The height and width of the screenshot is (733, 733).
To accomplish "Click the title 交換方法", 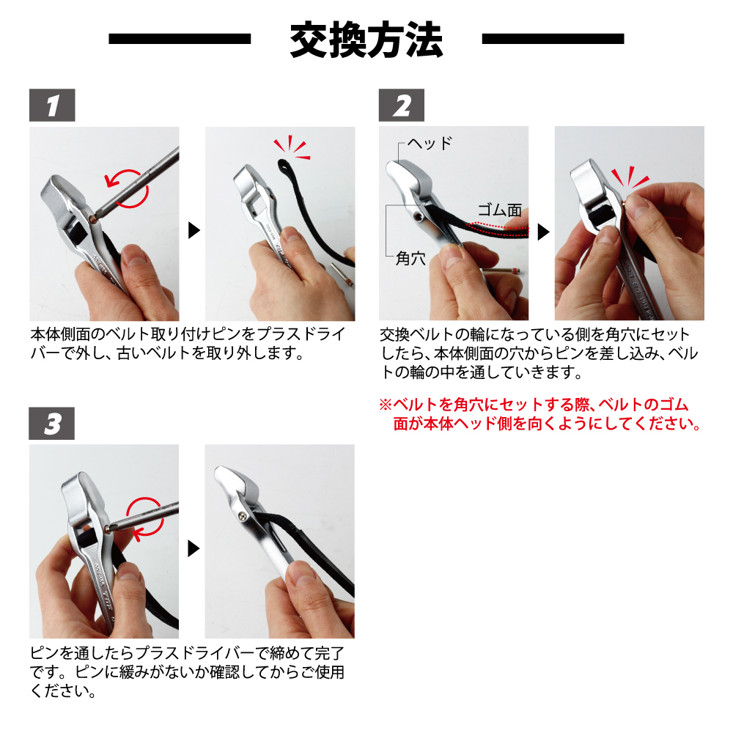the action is [366, 40].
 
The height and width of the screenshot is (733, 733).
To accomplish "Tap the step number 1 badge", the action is [52, 105].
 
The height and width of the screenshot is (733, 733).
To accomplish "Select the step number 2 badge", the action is [402, 105].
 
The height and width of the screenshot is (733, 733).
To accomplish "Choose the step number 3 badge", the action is [52, 424].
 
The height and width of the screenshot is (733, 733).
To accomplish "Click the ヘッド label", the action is [430, 143].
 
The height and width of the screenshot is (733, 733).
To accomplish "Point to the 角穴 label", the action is [410, 257].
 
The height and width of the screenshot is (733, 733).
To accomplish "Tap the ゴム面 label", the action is [499, 210].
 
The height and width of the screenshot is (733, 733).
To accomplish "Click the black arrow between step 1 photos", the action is [194, 230].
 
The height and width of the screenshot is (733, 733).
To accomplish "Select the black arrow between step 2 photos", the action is [544, 232].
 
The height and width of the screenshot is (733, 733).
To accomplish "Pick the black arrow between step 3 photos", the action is [194, 548].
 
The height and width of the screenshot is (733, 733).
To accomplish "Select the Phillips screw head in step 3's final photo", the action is [242, 516].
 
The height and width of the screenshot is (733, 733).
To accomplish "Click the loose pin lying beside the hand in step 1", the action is [342, 274].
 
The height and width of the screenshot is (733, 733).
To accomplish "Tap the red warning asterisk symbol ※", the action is [386, 405].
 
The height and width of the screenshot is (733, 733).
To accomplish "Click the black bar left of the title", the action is [180, 38].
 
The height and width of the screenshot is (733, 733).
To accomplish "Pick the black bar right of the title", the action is [553, 38].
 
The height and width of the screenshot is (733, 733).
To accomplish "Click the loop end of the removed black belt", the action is [284, 165].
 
